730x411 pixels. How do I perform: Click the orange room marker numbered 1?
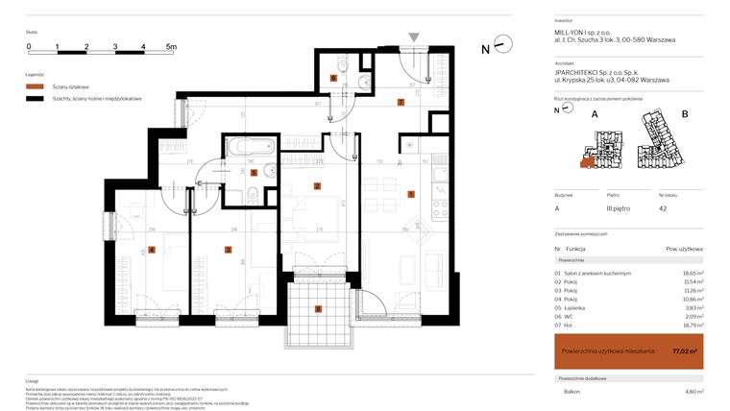(x=411, y=195)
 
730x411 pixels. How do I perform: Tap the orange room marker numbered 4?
(x=152, y=251)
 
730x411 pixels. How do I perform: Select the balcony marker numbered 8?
(x=318, y=309)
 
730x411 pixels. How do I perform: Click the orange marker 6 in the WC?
(x=333, y=79)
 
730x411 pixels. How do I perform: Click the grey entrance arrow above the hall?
(x=413, y=37)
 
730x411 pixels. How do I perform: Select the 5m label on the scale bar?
(x=171, y=46)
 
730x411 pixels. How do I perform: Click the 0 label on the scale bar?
(x=29, y=46)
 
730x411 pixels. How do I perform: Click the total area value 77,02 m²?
(x=685, y=351)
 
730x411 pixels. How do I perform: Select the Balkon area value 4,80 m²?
(x=693, y=392)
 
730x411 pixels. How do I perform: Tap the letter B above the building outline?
(x=684, y=113)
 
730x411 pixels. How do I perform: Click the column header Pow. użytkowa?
(x=683, y=249)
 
